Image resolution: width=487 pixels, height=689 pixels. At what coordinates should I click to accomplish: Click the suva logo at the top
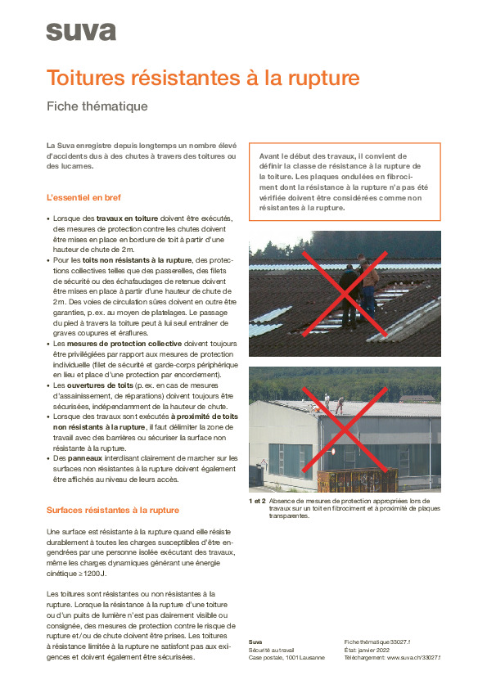[x=81, y=32]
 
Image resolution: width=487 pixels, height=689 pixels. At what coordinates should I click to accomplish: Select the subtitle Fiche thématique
[x=97, y=106]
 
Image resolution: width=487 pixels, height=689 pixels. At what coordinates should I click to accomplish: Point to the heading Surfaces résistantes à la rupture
[x=112, y=510]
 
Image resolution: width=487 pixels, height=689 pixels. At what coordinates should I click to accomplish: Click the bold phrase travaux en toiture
[x=126, y=218]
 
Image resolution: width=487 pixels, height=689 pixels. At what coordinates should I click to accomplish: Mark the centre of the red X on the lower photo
[x=344, y=429]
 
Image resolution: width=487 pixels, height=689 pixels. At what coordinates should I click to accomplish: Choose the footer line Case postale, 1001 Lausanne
[x=286, y=657]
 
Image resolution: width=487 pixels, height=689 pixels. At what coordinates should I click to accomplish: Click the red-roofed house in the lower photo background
[x=416, y=397]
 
